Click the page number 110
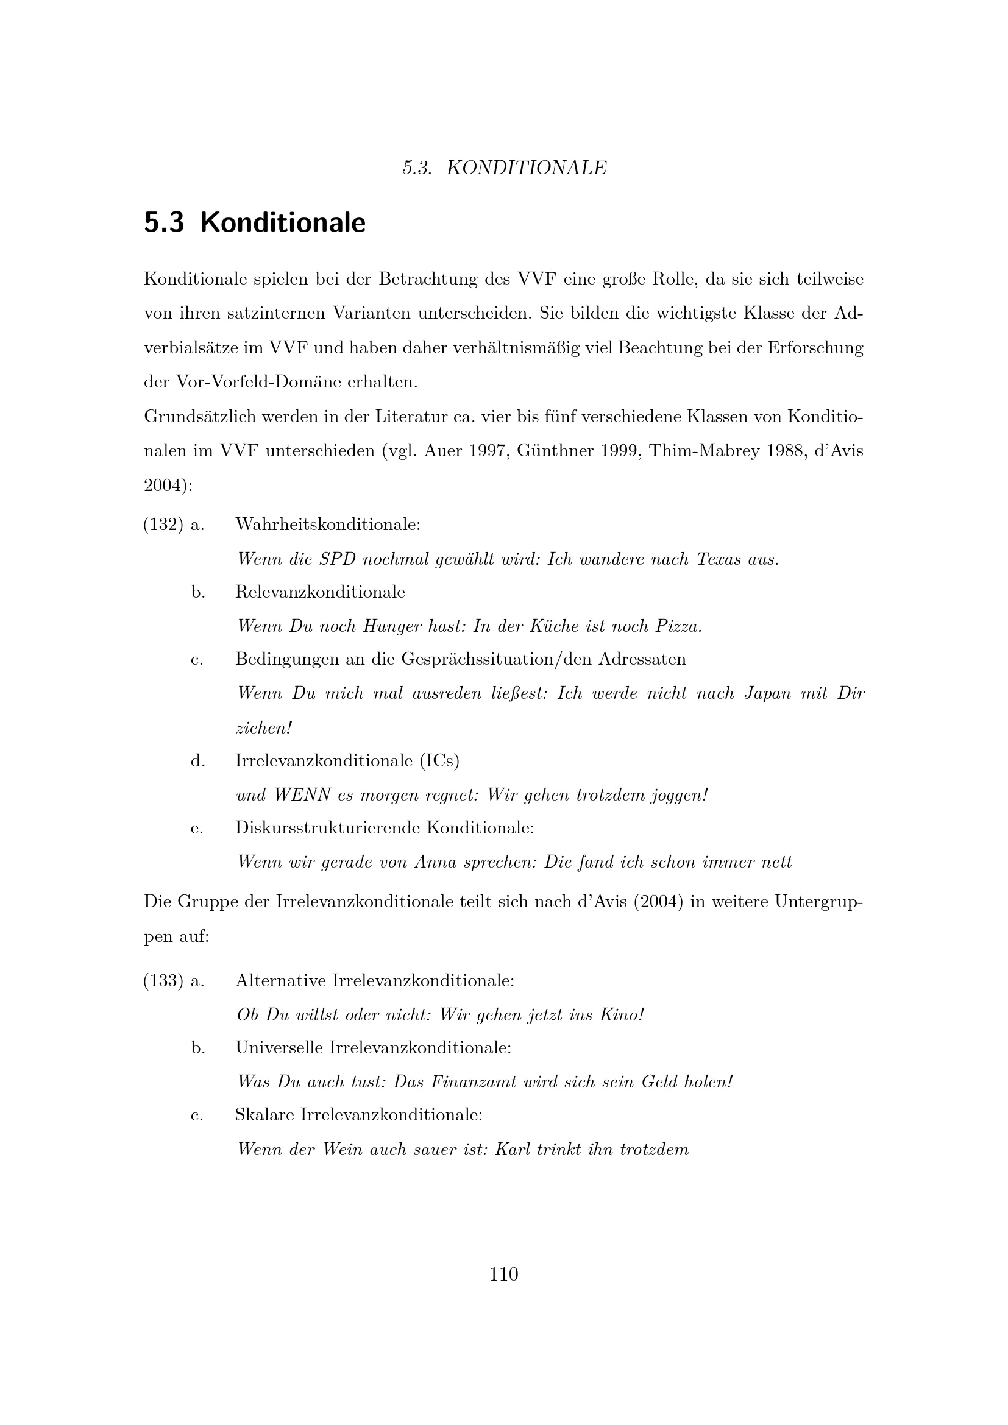pos(503,1274)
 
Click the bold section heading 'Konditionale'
pos(282,223)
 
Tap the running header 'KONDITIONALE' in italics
pos(526,168)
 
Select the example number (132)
pos(163,525)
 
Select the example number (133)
pos(163,981)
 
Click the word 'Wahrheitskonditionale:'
pos(328,525)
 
